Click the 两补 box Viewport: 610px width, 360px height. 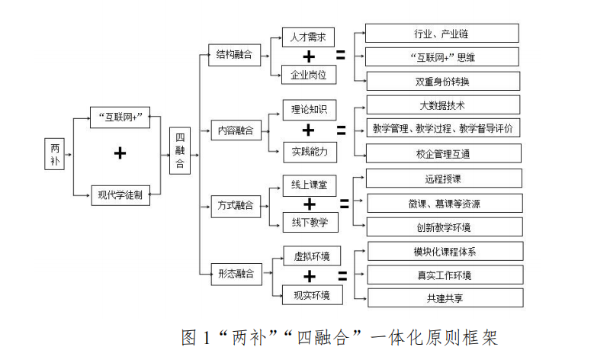point(56,155)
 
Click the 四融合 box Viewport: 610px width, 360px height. point(179,152)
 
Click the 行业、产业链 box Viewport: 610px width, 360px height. point(441,33)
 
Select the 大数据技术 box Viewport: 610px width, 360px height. point(442,104)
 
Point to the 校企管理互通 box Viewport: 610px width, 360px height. point(443,153)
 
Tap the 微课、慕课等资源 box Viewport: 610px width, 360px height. point(444,203)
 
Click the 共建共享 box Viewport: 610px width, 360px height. point(445,297)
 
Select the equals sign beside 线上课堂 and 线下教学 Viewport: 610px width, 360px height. point(344,204)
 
